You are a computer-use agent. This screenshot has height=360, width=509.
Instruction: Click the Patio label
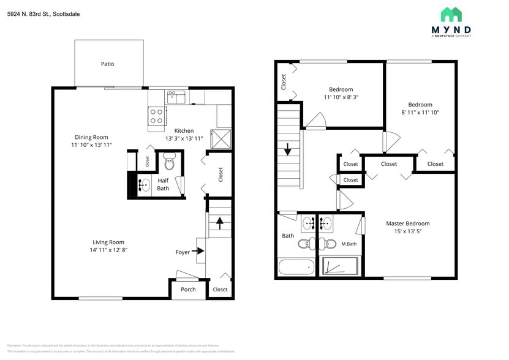108,64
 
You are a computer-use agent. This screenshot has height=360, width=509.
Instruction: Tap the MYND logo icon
451,15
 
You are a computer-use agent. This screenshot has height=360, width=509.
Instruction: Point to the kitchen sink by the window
176,97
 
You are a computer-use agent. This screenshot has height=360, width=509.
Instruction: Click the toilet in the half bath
170,163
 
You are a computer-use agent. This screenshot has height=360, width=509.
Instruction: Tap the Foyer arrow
198,250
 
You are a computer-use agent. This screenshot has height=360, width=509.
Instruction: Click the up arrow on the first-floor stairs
219,223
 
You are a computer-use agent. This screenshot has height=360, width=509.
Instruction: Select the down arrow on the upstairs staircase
287,150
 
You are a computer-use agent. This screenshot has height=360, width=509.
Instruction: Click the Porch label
188,290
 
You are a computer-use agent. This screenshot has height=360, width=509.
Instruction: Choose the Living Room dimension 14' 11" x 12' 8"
109,250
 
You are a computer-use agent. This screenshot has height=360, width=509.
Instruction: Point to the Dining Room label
91,137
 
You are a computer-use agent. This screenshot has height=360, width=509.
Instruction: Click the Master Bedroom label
407,223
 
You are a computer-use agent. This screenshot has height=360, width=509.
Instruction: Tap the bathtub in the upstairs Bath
296,268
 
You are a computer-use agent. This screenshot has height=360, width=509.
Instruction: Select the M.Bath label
349,244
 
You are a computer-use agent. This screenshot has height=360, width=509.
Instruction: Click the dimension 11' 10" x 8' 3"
341,97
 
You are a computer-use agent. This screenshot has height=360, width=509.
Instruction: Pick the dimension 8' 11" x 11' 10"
420,113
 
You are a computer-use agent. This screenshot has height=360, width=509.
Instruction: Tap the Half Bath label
163,184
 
